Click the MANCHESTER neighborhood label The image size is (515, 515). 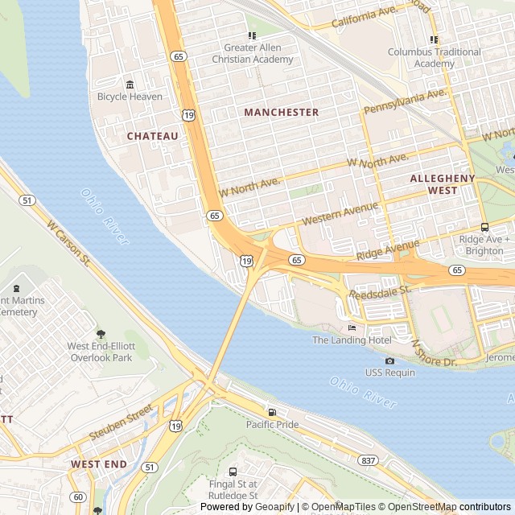282,113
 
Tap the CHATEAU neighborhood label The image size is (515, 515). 153,137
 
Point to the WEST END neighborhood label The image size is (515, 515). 98,464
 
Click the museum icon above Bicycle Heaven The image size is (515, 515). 130,84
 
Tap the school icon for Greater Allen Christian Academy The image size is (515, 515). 252,35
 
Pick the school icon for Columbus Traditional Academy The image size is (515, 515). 434,39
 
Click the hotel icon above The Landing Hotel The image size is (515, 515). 352,328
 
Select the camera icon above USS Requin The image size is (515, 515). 390,360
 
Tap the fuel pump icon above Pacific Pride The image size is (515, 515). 272,412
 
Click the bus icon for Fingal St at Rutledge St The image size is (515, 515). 233,472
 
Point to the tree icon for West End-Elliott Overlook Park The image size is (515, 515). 101,334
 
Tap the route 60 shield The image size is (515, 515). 77,496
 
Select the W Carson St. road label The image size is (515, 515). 69,243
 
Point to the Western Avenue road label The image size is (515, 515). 340,213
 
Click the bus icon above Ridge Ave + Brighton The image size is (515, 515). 484,227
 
